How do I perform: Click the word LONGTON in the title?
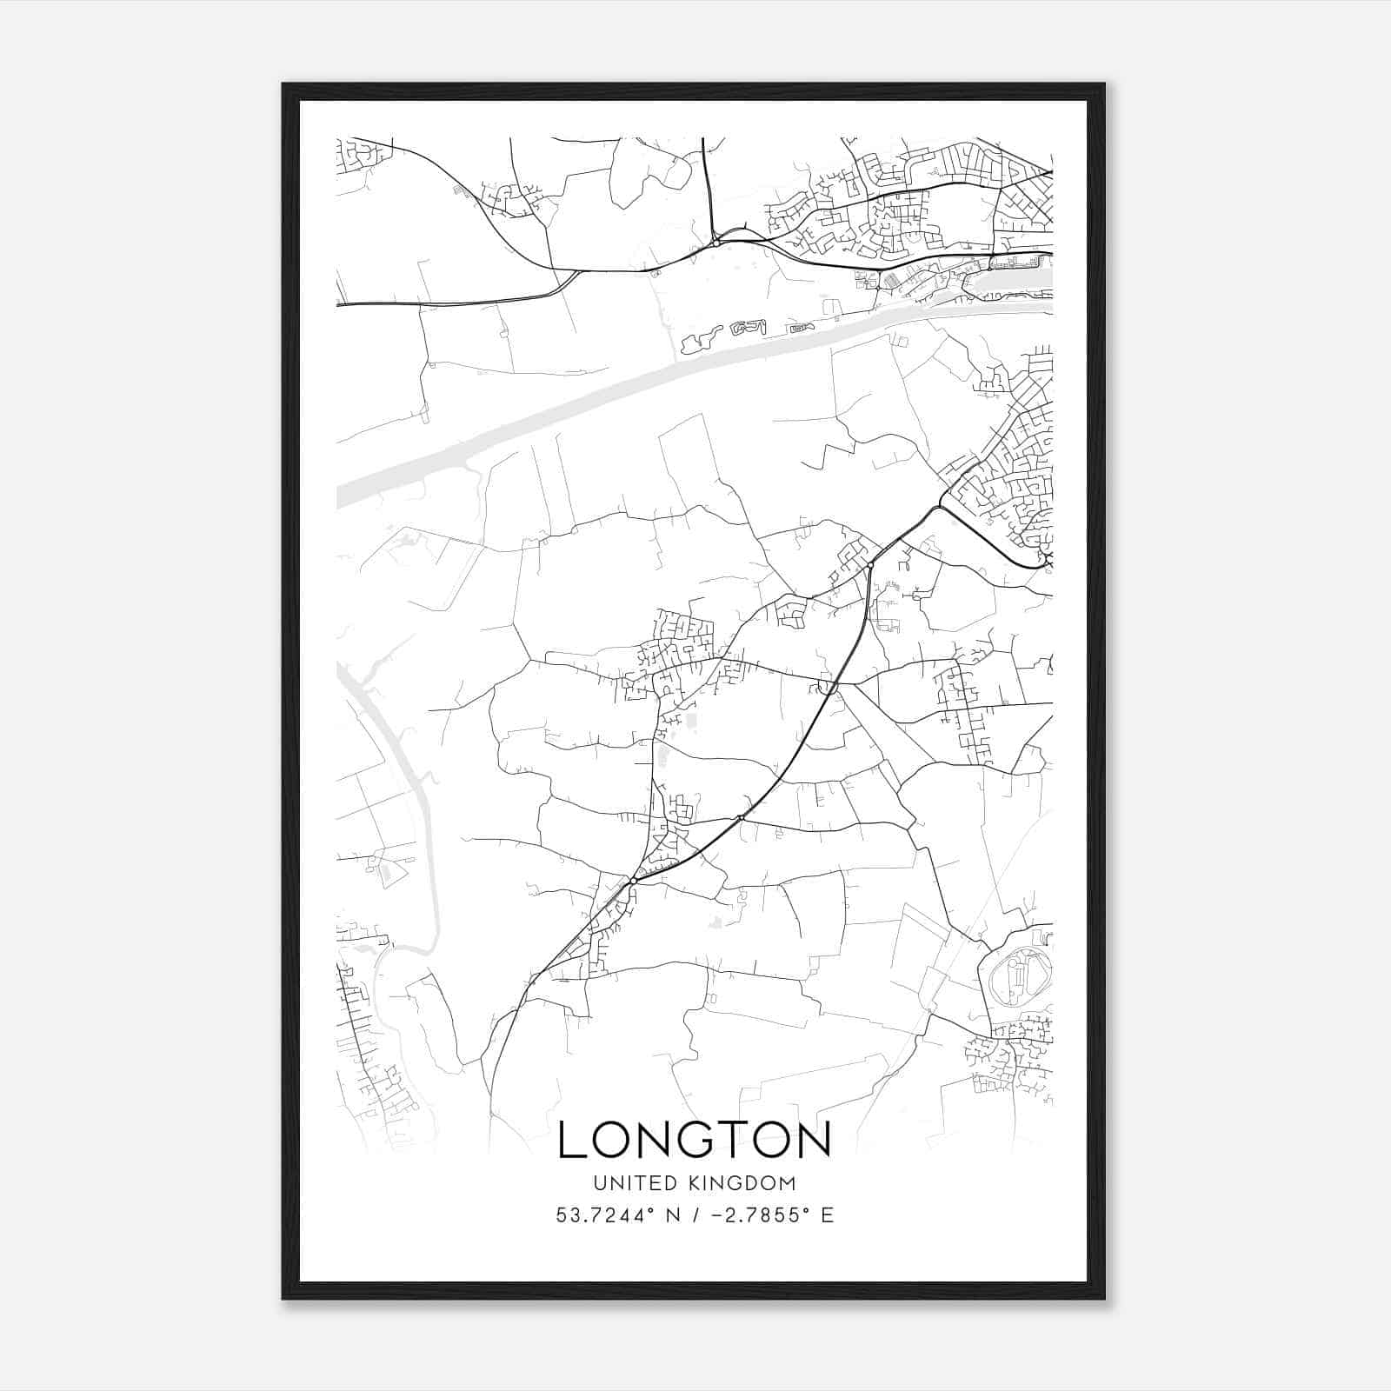pos(694,1140)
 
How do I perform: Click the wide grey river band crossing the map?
pos(609,391)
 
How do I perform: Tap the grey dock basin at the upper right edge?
pos(1017,278)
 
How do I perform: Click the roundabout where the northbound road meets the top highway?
pos(715,243)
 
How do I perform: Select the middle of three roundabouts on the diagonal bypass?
pos(741,818)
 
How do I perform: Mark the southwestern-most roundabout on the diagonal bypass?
pos(634,882)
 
